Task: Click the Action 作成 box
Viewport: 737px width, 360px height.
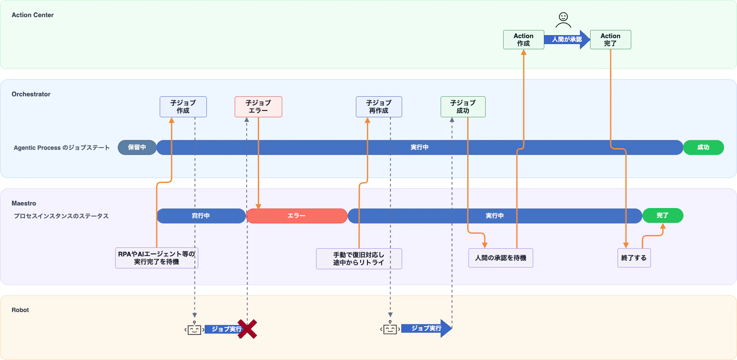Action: (x=523, y=39)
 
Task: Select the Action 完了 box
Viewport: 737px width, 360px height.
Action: (x=610, y=39)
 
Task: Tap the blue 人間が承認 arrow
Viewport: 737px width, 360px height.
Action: (x=567, y=39)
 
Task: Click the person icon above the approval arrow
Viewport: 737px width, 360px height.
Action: (x=563, y=20)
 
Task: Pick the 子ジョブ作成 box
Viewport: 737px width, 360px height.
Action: (x=183, y=107)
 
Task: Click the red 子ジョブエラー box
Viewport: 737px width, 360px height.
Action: (x=258, y=107)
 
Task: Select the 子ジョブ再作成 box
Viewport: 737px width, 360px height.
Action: (x=379, y=107)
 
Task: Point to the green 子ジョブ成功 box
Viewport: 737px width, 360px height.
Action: (x=463, y=107)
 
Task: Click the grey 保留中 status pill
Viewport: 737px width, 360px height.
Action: (x=137, y=147)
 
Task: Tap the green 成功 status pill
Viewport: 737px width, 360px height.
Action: (x=703, y=147)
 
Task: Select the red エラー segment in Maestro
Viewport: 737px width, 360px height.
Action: (x=296, y=216)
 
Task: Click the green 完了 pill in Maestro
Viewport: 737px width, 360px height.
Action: (x=662, y=216)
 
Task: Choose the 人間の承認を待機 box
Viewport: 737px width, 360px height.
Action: (x=501, y=258)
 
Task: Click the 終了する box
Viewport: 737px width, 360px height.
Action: (x=634, y=258)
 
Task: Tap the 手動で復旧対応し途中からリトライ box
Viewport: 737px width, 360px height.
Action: (x=359, y=259)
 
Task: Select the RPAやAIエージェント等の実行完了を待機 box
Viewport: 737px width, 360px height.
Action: (x=157, y=258)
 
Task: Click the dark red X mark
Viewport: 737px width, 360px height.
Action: (x=247, y=329)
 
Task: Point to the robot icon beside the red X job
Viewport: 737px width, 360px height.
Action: (x=194, y=328)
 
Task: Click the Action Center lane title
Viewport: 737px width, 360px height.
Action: (x=33, y=15)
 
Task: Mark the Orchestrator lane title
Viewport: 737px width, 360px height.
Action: (x=31, y=94)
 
